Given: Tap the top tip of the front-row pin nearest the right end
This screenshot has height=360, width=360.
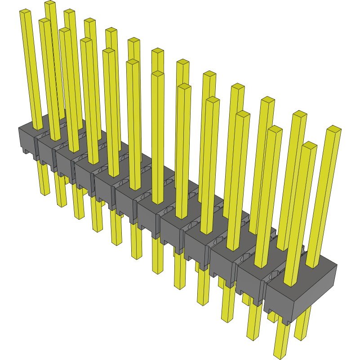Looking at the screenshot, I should pos(309,145).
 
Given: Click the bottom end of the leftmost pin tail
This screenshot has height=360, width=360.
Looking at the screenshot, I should pos(45,193).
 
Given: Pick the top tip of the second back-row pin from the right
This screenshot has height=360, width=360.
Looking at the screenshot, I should pos(300,114).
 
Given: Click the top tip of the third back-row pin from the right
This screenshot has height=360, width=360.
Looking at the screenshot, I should pos(268,99).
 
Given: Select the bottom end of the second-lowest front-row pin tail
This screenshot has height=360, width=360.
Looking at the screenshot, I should pos(253,337).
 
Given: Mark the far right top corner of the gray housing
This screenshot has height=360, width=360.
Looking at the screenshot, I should pos(337,265).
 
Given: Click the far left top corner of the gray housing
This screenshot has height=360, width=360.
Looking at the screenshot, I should pos(19,128).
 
